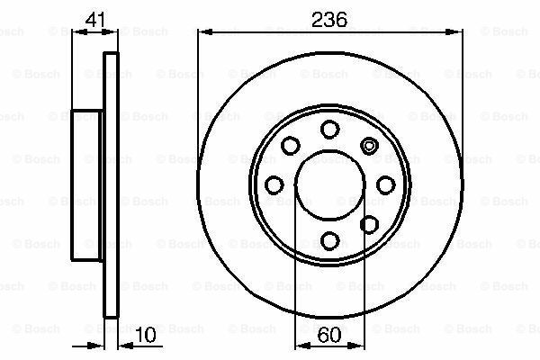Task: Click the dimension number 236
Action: click(330, 18)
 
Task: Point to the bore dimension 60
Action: click(330, 337)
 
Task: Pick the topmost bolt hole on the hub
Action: click(330, 128)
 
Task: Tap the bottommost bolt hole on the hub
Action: click(330, 240)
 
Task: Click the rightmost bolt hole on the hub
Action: click(386, 184)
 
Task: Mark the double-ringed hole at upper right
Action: click(369, 144)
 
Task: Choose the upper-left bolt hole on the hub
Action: click(291, 145)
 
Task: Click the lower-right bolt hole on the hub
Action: click(369, 224)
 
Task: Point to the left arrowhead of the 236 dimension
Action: click(202, 33)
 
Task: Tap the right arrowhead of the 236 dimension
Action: click(458, 33)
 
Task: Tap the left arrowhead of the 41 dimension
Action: click(76, 33)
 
